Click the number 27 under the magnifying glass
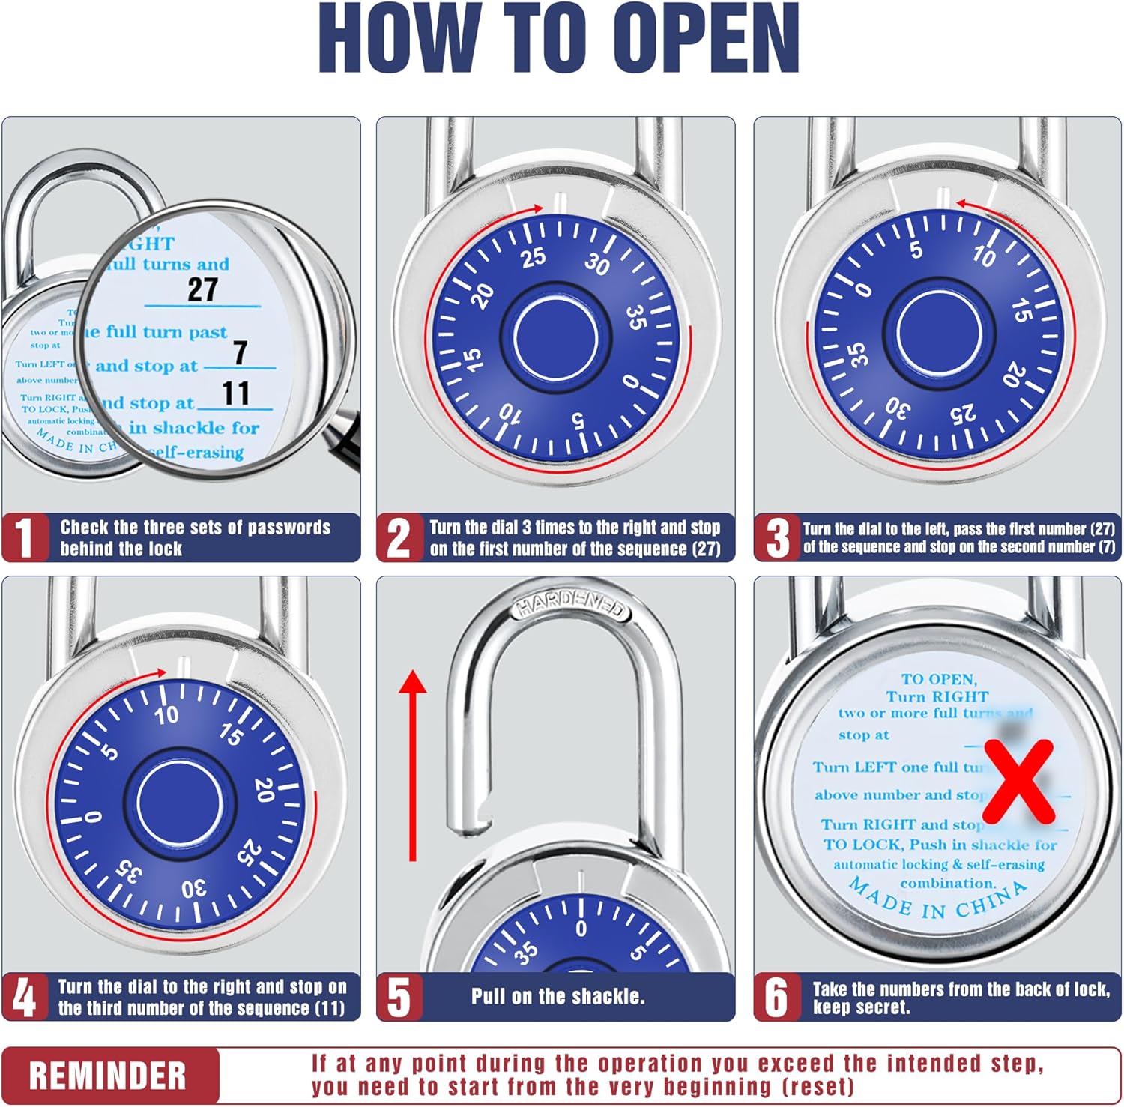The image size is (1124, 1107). pyautogui.click(x=202, y=289)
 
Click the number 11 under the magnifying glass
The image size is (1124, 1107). pyautogui.click(x=235, y=393)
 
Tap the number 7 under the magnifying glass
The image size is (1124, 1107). pyautogui.click(x=240, y=352)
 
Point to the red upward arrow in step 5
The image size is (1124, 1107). pyautogui.click(x=412, y=764)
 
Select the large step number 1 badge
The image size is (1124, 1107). pyautogui.click(x=25, y=537)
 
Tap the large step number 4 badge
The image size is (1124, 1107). pyautogui.click(x=25, y=998)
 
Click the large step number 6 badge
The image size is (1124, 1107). pyautogui.click(x=776, y=998)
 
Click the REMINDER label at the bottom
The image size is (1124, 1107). pyautogui.click(x=108, y=1076)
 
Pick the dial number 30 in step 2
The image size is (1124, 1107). pyautogui.click(x=597, y=264)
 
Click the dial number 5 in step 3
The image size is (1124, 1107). pyautogui.click(x=916, y=250)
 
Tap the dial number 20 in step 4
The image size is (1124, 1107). pyautogui.click(x=264, y=789)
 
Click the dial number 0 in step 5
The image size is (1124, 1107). pyautogui.click(x=581, y=929)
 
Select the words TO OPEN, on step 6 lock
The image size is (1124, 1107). pyautogui.click(x=938, y=679)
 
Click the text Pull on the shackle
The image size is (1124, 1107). pyautogui.click(x=558, y=996)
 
